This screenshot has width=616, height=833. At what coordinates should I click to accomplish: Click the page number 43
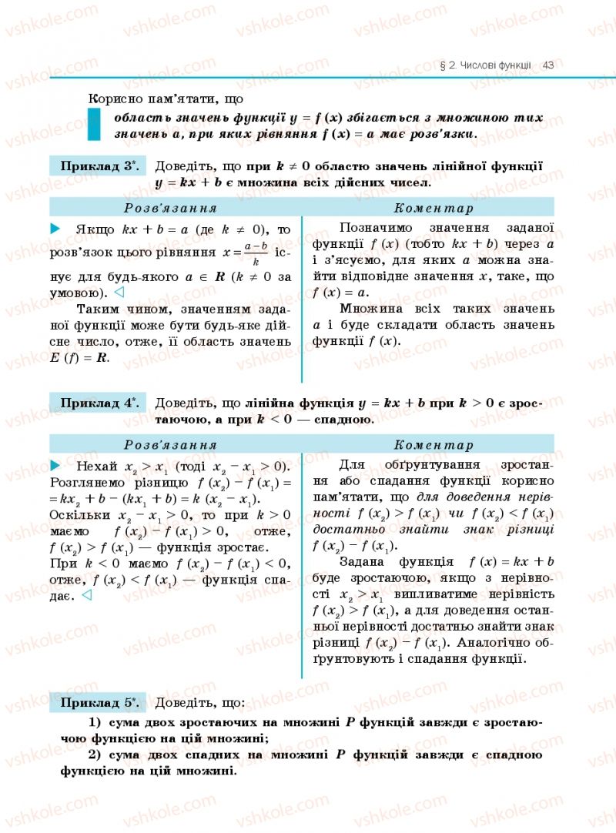click(548, 65)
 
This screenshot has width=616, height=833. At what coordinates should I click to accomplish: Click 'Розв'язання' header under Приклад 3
click(170, 208)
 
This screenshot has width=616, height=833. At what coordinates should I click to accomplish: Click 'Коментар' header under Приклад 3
click(434, 208)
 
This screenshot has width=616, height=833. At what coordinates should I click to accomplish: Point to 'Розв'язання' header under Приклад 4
click(170, 445)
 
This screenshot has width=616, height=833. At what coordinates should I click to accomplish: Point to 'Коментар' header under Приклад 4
click(434, 445)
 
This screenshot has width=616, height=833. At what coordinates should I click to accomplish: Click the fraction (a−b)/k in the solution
click(254, 253)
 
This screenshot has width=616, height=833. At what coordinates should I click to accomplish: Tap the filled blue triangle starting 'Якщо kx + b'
click(55, 229)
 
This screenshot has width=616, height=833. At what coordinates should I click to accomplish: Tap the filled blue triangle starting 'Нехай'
click(55, 465)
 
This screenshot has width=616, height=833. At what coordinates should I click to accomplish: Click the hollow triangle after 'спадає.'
click(87, 595)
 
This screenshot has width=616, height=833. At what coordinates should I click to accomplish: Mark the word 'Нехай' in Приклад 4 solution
click(96, 466)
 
